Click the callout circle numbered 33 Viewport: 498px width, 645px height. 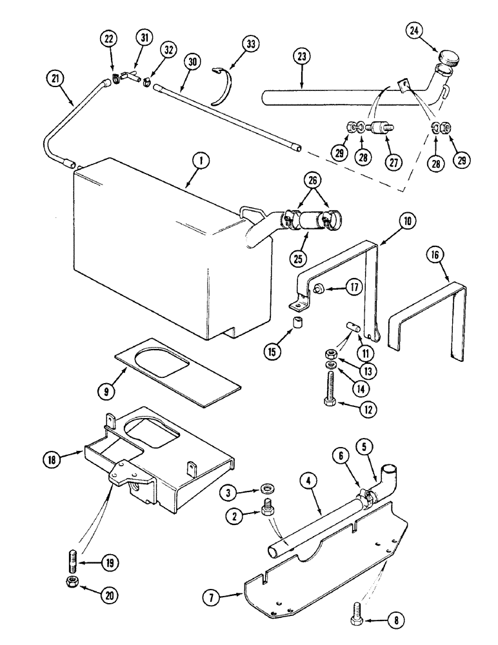[x=250, y=45]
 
